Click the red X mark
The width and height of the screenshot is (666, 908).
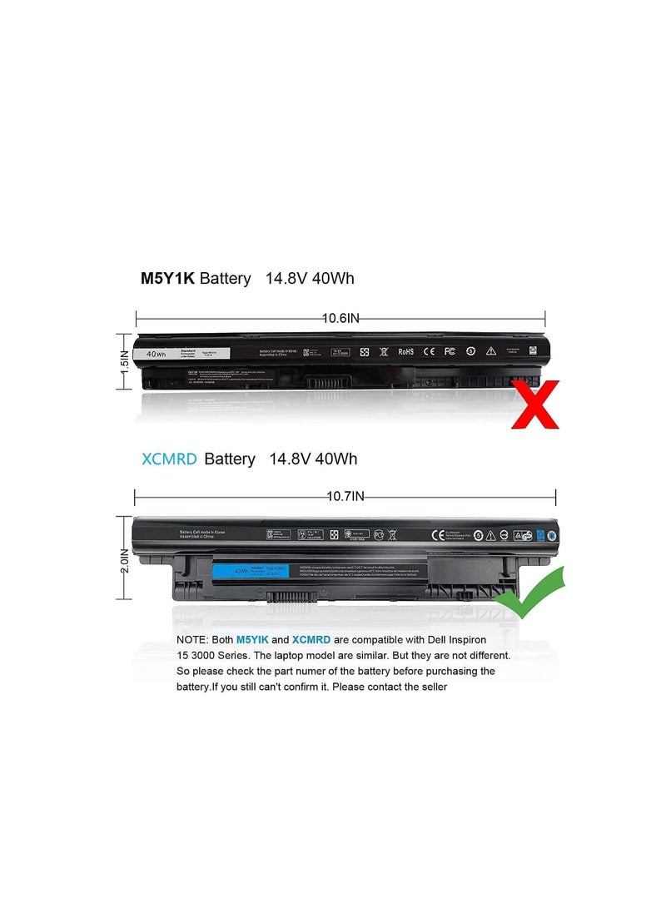coord(535,404)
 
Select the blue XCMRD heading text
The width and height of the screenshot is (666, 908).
coord(170,459)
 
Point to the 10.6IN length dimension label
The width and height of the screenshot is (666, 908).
coord(340,317)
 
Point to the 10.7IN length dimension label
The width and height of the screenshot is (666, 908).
coord(345,497)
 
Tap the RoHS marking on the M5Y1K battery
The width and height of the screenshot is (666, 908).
coord(405,351)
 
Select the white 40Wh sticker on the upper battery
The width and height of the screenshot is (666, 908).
coord(155,354)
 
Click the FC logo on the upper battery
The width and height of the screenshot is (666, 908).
coord(449,351)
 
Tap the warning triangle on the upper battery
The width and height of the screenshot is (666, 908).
coord(490,351)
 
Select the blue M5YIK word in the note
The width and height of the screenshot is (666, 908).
coord(252,639)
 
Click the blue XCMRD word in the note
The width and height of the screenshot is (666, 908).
coord(311,639)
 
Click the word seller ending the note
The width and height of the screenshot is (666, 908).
coord(430,687)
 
